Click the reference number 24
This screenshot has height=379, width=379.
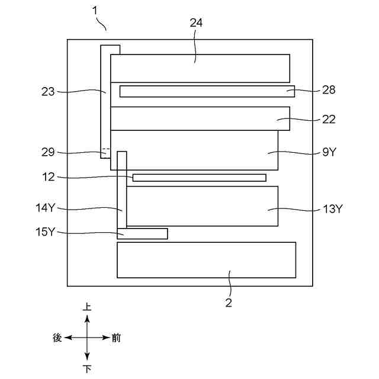pos(197,23)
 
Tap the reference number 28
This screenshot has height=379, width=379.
pos(329,90)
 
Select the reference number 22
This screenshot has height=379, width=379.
pos(329,119)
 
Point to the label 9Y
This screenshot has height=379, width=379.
pos(329,152)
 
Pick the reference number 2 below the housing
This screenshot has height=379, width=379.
pos(229,303)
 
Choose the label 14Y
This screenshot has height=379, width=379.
pos(46,208)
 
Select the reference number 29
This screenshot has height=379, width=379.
pos(48,152)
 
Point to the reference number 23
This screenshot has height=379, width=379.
pos(48,91)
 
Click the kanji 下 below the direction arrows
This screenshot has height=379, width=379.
pos(87,369)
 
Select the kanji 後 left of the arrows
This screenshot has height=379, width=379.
pos(57,338)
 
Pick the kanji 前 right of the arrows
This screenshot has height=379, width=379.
pos(116,338)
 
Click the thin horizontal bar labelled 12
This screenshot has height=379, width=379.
pos(199,178)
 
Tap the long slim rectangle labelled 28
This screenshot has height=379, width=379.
pos(207,91)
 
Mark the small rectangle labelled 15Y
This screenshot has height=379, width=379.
pos(142,233)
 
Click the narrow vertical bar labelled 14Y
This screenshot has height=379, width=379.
pos(122,189)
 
